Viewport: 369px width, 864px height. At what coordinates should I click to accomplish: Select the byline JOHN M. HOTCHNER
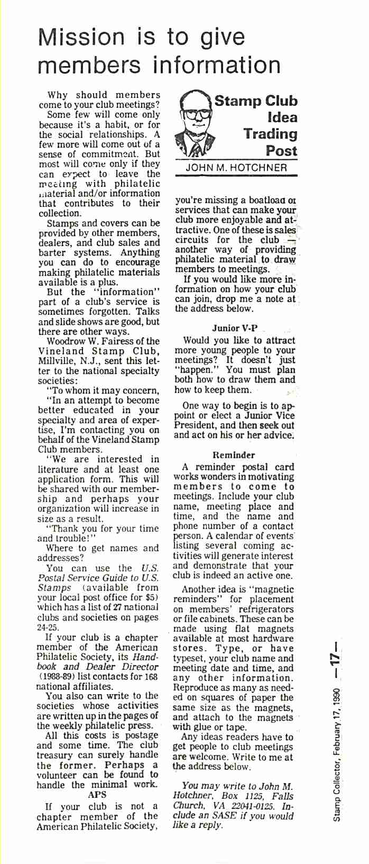236,168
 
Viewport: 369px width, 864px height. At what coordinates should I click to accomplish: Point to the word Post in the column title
281,151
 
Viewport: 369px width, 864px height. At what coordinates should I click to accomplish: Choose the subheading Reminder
234,454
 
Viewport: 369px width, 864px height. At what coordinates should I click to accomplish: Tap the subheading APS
97,794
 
